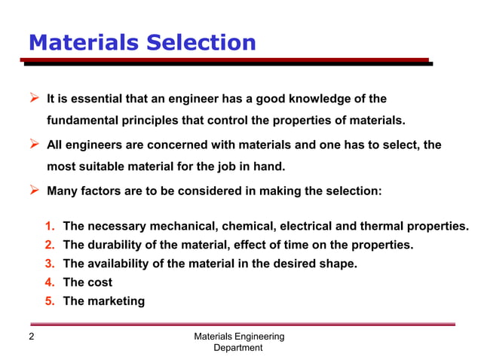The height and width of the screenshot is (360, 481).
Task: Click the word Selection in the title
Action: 199,42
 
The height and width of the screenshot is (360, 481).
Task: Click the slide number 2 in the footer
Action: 31,337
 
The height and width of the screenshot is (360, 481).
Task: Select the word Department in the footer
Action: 238,348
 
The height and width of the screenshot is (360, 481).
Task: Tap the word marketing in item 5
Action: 115,301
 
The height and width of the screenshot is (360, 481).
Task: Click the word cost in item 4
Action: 99,282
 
